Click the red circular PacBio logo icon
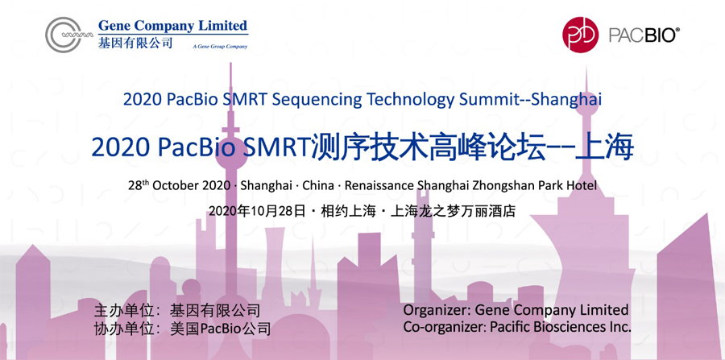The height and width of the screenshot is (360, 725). (580, 35)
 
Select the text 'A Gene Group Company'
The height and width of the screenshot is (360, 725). (220, 46)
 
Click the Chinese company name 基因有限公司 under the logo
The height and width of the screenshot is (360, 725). (135, 43)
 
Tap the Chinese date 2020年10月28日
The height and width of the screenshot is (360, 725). (257, 211)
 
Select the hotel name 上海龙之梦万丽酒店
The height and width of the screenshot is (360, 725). (453, 211)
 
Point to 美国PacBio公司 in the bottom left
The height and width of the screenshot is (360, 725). (220, 329)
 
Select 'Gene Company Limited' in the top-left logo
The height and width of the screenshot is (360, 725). (173, 26)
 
